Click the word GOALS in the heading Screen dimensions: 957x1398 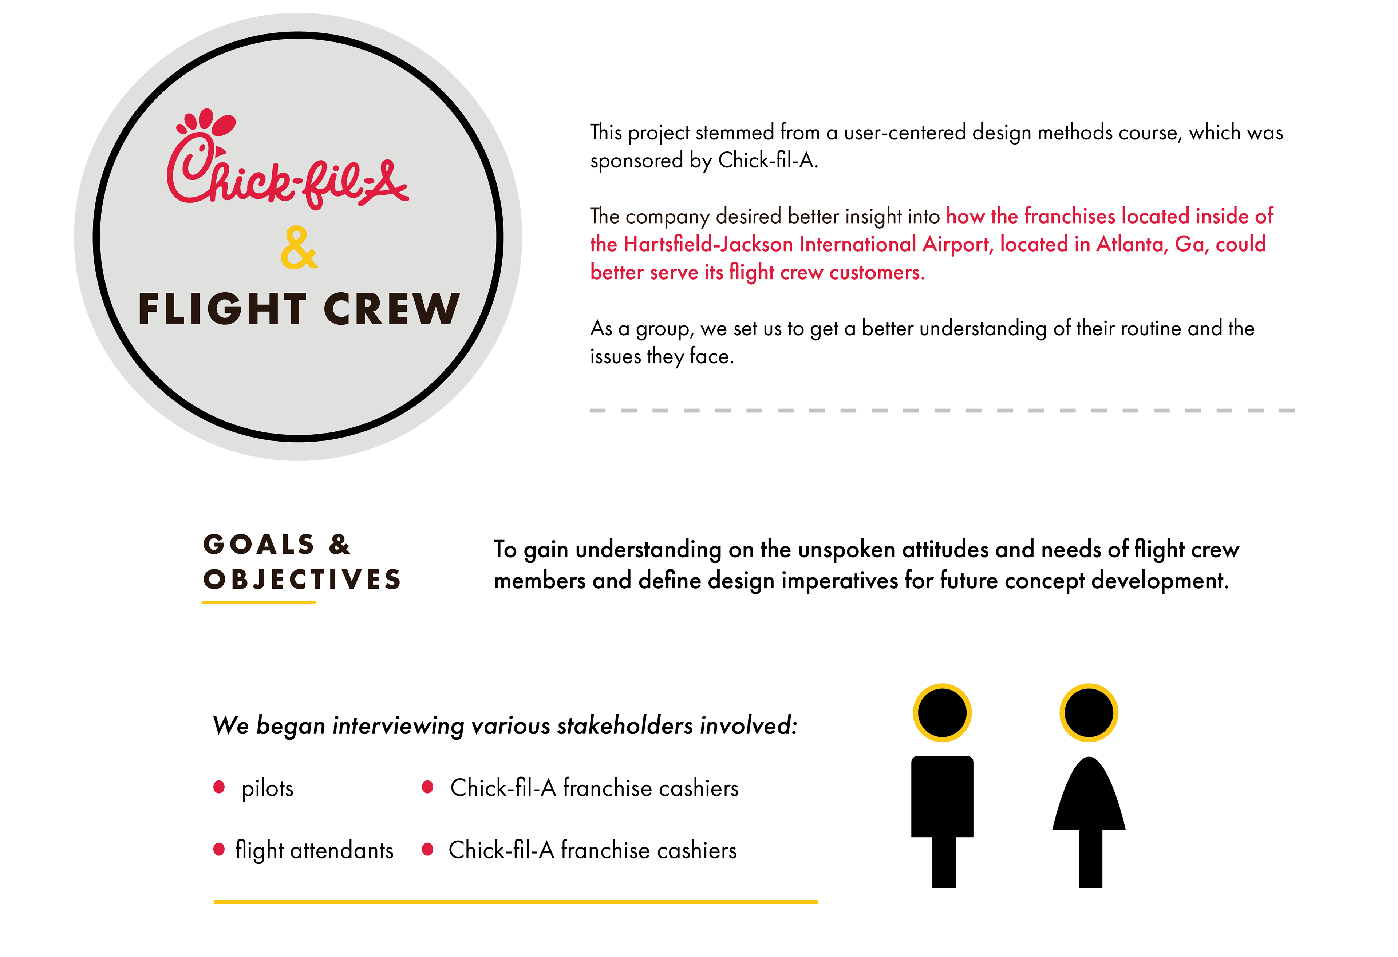[258, 544]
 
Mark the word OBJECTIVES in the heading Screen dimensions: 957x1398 [302, 579]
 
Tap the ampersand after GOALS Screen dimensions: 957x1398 [340, 544]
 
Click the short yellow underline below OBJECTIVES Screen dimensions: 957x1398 [258, 601]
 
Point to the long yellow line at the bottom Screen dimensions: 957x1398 [516, 902]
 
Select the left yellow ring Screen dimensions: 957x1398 [942, 713]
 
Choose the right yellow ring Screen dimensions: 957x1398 [1089, 713]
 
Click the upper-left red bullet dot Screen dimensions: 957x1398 [219, 787]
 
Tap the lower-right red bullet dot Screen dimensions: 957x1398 [428, 849]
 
